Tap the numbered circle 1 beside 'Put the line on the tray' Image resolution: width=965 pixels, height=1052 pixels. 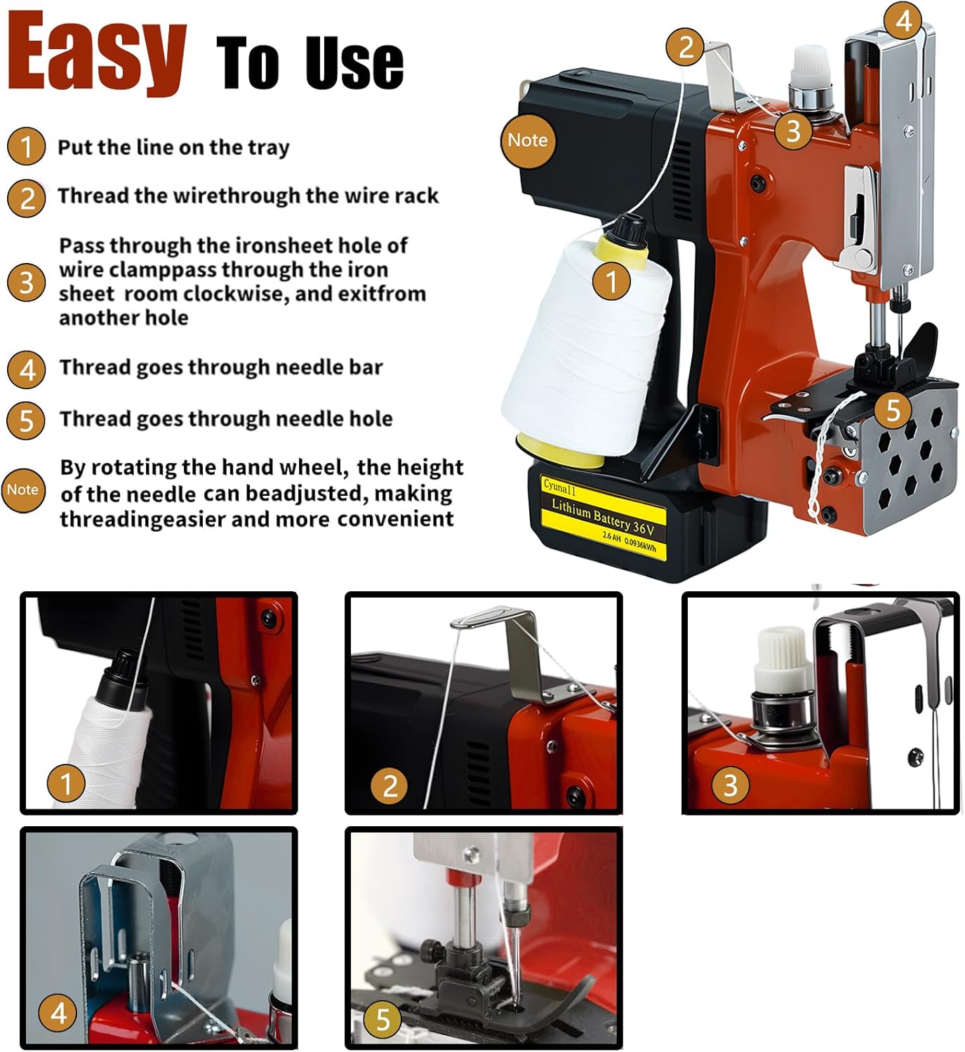coord(26,147)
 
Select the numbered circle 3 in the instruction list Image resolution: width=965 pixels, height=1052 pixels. coord(26,283)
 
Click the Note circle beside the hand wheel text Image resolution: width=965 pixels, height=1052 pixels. coord(23,490)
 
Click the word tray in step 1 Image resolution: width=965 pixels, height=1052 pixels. coord(269,148)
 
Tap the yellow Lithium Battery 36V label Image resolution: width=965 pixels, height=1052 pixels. coord(604,518)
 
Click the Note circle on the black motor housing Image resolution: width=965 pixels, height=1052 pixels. coord(528,140)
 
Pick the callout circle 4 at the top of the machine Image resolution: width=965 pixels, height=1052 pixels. coord(903,21)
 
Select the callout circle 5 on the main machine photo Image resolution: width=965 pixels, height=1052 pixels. coord(893,410)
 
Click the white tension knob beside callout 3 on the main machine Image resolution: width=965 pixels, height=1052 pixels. coord(810,67)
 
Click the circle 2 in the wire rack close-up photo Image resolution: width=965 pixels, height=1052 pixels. coord(389,785)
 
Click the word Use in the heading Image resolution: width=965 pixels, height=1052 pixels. coord(355,63)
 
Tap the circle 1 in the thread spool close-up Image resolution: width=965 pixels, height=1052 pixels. coord(66,783)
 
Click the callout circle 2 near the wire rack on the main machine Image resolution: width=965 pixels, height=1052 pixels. coord(686,47)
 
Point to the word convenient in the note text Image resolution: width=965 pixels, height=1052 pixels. coord(396,519)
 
